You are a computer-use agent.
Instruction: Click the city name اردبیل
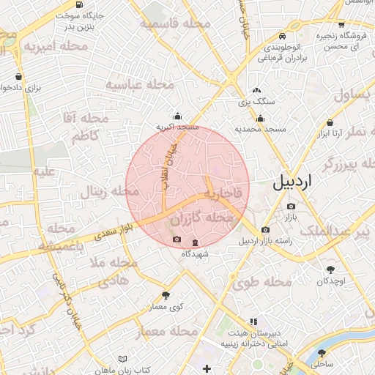click(292, 183)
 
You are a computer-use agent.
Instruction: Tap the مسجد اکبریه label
click(177, 127)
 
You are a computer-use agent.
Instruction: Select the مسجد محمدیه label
click(259, 129)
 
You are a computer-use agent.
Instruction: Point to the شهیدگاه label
click(196, 253)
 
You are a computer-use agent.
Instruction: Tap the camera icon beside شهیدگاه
click(176, 240)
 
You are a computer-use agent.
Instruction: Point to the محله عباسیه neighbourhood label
click(139, 85)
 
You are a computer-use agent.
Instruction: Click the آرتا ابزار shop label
click(331, 134)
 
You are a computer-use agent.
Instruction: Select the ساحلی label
click(322, 363)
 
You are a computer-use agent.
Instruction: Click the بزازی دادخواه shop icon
click(18, 76)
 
